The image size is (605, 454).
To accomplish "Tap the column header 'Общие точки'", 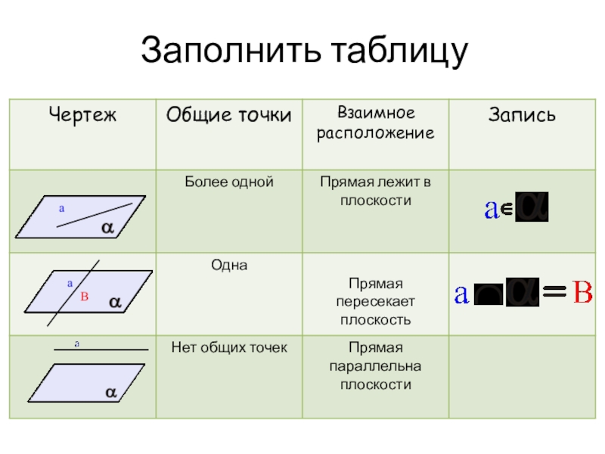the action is (x=228, y=115).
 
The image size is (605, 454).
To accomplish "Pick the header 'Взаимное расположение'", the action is (x=376, y=123).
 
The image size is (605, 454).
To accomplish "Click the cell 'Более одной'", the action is (x=228, y=182).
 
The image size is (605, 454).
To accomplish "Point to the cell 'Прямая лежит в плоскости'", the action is (x=376, y=191).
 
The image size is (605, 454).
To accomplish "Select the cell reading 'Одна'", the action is (x=228, y=266).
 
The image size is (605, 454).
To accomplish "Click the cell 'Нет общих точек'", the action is (x=228, y=348).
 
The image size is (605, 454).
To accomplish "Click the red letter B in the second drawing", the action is (x=85, y=297).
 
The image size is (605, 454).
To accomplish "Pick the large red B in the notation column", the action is (x=582, y=293).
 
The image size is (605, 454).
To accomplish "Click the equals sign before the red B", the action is (x=556, y=294).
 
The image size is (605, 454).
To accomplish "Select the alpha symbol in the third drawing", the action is (x=110, y=393).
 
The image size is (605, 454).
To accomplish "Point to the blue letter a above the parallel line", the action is (x=76, y=344).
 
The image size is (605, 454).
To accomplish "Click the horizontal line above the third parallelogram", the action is (x=100, y=350).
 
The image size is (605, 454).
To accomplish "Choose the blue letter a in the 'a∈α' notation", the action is (x=491, y=210).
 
